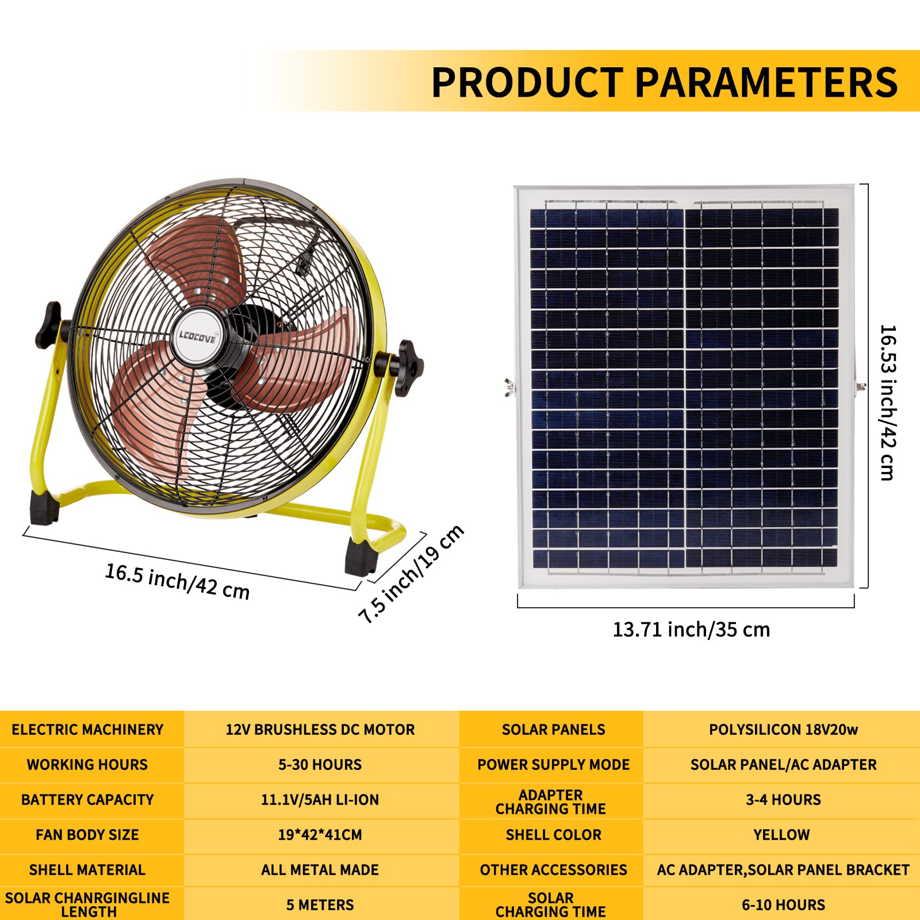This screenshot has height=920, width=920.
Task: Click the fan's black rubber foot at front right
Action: [361, 556]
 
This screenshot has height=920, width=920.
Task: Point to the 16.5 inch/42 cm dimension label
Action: [177, 581]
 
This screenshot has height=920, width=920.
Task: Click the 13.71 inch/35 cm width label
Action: [691, 630]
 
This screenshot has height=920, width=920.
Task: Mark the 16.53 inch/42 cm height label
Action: [887, 402]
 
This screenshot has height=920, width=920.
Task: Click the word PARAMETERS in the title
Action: [766, 82]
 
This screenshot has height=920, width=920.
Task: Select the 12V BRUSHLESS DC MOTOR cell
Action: [320, 730]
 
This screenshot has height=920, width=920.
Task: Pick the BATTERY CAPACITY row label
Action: [87, 800]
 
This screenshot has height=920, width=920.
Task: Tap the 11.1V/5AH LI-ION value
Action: [320, 800]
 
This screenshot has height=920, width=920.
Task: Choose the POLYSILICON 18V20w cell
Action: [783, 730]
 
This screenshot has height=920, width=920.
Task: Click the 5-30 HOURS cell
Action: [320, 765]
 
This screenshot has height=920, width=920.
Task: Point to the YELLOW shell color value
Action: [781, 835]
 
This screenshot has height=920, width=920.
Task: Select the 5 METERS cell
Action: [320, 905]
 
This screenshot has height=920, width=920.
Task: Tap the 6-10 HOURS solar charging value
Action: [783, 905]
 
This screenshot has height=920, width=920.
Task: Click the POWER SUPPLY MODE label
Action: [553, 765]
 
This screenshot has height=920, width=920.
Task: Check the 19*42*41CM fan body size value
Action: [320, 835]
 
